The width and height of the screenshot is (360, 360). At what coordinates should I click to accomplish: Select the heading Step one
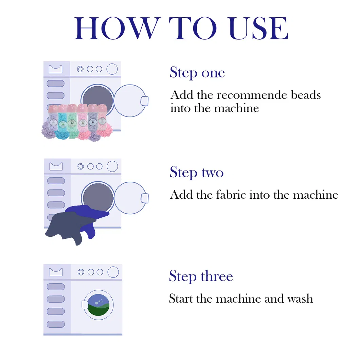click(x=197, y=73)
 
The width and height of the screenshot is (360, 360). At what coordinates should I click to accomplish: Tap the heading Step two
click(x=196, y=173)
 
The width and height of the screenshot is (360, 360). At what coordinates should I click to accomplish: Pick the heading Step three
click(x=201, y=276)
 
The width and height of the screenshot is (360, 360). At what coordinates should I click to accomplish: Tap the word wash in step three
click(x=300, y=299)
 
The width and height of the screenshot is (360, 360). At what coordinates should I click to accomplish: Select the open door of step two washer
click(x=130, y=198)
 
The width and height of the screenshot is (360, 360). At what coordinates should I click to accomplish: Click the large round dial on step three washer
click(x=113, y=272)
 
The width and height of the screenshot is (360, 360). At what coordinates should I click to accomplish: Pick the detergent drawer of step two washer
click(x=56, y=166)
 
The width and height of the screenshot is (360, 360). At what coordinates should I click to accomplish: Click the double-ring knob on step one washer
click(x=80, y=69)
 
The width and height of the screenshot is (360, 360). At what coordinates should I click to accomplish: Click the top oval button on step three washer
click(x=55, y=286)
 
